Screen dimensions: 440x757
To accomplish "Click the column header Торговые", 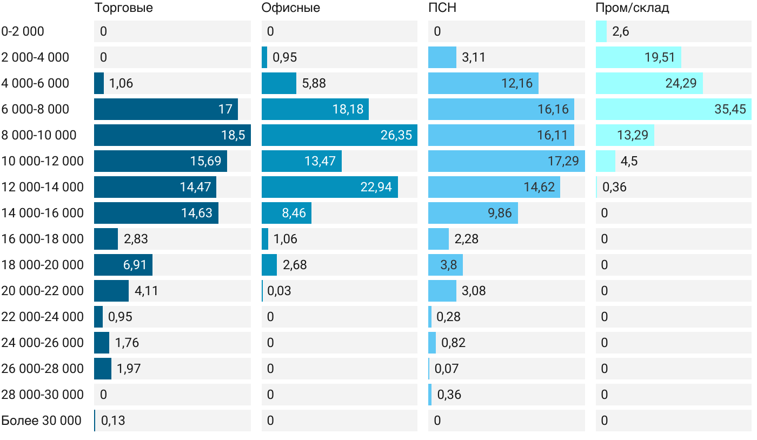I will [123, 8].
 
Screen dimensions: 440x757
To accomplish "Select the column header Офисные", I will [290, 8].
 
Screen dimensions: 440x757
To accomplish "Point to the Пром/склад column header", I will [632, 8].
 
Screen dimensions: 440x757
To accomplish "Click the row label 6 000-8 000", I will [35, 109].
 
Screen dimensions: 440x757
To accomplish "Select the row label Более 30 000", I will [41, 421].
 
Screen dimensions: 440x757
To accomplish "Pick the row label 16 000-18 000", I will [43, 239].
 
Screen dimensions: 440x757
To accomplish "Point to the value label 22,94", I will [376, 187].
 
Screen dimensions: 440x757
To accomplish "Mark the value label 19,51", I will [660, 57].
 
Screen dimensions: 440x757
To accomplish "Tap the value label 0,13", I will [113, 421].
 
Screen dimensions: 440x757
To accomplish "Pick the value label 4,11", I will [147, 291].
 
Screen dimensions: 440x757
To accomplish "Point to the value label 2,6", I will [620, 31].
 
